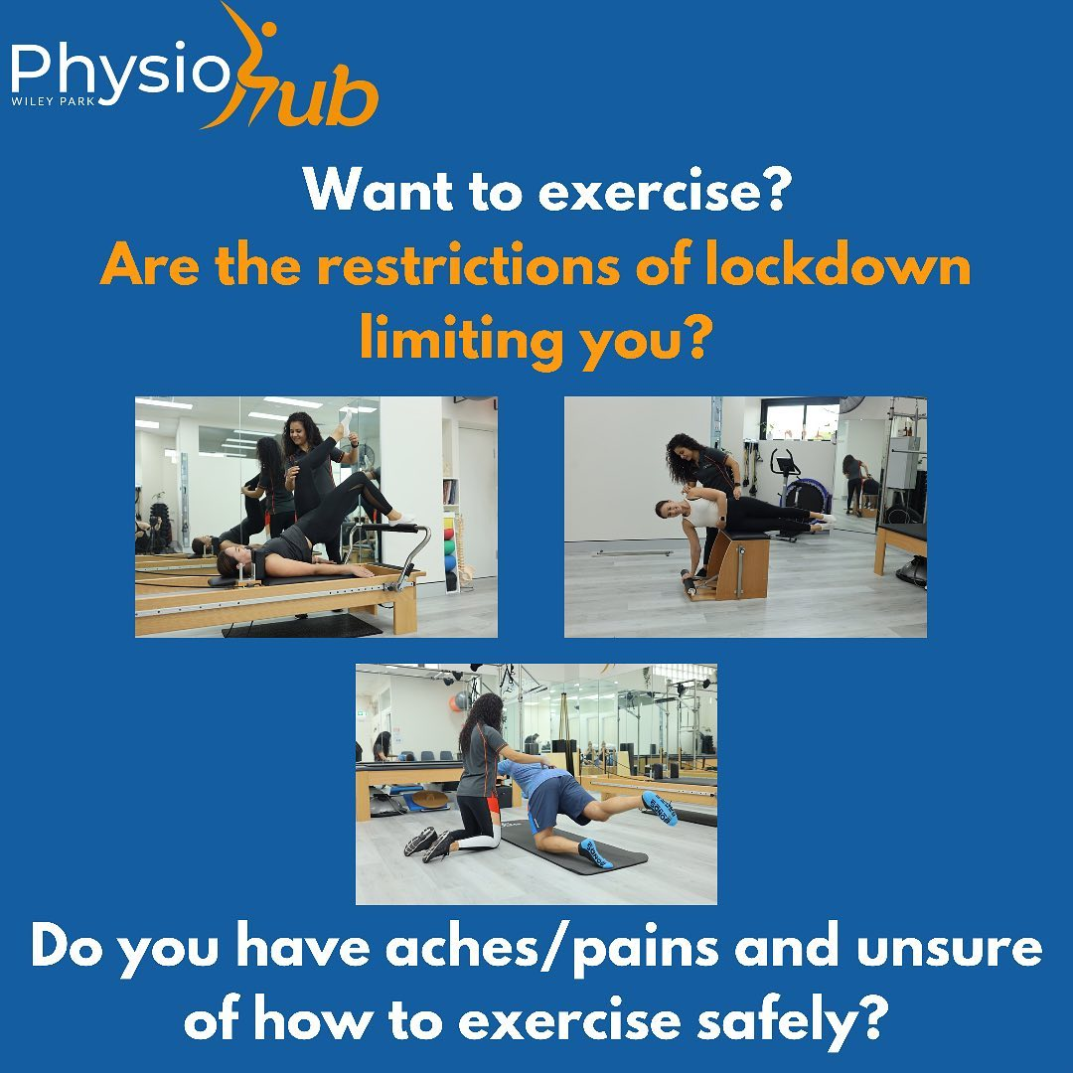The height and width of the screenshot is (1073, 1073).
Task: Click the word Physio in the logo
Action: point(119,75)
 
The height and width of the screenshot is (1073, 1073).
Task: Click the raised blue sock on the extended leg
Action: point(658,807)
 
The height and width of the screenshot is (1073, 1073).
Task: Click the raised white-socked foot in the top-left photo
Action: point(400,517)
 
